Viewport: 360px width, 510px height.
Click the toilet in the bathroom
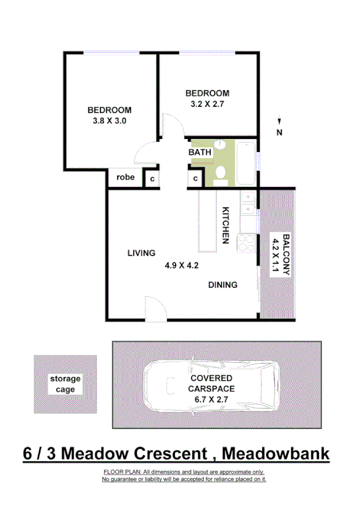[x=220, y=173]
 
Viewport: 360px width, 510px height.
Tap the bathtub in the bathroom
[x=246, y=162]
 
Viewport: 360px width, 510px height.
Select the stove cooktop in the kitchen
[x=247, y=242]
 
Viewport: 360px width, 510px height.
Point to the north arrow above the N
[x=279, y=121]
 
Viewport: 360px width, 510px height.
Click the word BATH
[x=200, y=153]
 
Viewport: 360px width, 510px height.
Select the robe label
[x=125, y=177]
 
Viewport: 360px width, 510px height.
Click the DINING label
[x=223, y=285]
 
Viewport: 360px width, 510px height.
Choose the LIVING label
[x=141, y=253]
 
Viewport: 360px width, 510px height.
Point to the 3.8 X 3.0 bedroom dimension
[x=109, y=120]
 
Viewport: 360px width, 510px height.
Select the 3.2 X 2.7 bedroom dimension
[x=207, y=103]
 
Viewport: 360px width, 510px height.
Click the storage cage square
[x=65, y=384]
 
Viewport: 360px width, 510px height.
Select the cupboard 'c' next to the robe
[x=152, y=179]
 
